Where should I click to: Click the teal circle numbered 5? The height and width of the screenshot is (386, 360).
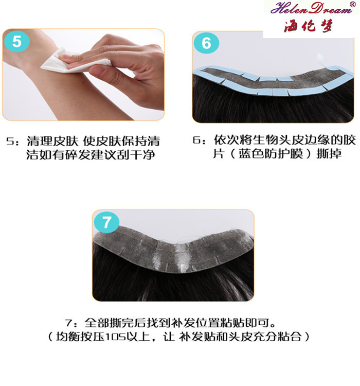[17, 41]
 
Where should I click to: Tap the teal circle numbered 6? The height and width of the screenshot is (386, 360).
[206, 43]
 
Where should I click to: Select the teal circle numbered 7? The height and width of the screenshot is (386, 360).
[107, 222]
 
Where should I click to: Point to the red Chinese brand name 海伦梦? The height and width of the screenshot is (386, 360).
[309, 26]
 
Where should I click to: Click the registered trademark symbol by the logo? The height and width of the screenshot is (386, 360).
[352, 4]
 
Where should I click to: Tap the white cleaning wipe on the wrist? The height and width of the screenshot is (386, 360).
[74, 62]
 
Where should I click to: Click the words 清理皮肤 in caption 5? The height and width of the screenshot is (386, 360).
[52, 142]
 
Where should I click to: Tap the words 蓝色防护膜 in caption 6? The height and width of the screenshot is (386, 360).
[271, 154]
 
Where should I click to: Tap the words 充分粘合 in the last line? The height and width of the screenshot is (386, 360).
[277, 337]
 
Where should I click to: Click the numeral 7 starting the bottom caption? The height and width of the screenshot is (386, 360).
[68, 323]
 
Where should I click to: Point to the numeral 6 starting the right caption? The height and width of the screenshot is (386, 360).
[196, 141]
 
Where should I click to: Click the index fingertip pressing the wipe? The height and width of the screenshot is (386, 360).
[64, 58]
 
